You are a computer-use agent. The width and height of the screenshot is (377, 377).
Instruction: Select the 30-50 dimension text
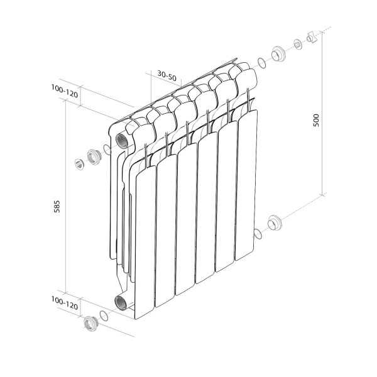tap(167, 75)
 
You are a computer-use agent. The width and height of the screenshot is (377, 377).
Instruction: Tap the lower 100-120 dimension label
tap(65, 305)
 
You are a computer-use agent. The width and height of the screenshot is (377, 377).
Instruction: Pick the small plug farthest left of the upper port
tap(79, 164)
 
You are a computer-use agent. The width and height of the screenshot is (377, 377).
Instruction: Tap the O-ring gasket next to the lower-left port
tap(104, 316)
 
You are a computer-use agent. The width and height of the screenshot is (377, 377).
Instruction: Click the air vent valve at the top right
tap(310, 39)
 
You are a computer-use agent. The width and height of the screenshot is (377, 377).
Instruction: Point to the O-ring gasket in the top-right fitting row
tap(261, 62)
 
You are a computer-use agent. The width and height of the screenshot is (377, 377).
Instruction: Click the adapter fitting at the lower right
tap(274, 224)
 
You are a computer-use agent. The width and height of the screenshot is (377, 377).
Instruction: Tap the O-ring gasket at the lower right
tap(257, 234)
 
